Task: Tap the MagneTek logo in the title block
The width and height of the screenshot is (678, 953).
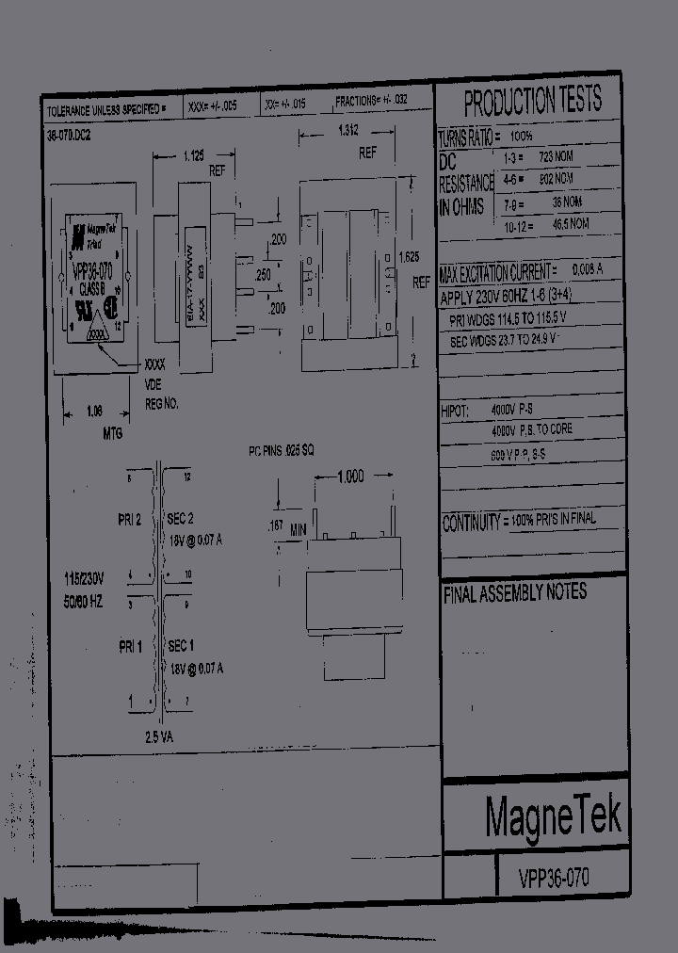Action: (x=554, y=816)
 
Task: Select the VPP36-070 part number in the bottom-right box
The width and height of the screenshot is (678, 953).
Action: (x=554, y=879)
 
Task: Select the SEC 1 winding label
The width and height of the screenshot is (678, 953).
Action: (x=181, y=646)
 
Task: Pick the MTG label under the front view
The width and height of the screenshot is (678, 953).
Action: (x=111, y=432)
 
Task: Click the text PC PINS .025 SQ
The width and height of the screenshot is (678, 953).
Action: (x=281, y=452)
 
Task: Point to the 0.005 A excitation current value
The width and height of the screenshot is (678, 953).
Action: (x=587, y=271)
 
